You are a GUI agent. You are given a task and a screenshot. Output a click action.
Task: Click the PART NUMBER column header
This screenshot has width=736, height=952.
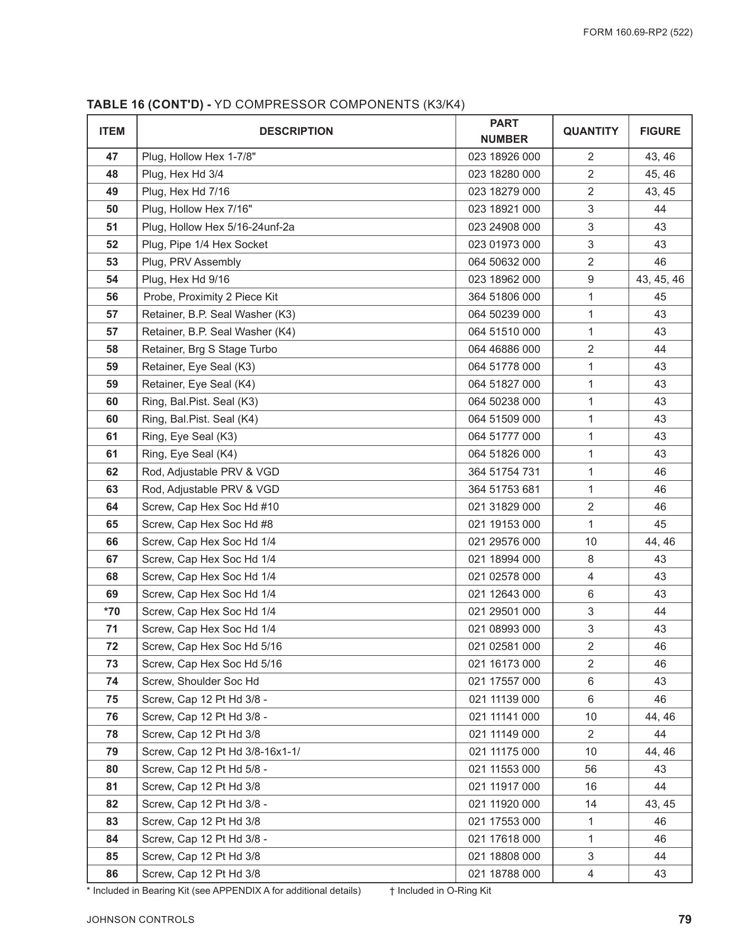click(x=504, y=131)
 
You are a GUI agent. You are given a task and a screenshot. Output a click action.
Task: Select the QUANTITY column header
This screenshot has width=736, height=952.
click(x=590, y=131)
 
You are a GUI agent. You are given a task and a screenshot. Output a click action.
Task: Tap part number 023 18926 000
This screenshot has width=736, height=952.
click(x=504, y=157)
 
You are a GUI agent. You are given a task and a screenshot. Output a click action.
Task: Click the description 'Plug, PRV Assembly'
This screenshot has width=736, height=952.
click(x=191, y=262)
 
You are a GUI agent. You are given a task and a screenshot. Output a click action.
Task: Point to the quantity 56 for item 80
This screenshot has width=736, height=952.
click(x=590, y=769)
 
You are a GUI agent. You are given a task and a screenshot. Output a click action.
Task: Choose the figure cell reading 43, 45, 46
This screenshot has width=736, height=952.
click(x=660, y=279)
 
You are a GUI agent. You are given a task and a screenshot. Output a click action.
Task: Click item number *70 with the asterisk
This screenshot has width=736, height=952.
click(x=112, y=611)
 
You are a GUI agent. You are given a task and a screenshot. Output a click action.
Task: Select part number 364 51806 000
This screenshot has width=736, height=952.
click(x=504, y=297)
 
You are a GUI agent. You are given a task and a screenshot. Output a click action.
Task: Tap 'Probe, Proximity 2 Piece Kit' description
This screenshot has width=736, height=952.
click(x=210, y=297)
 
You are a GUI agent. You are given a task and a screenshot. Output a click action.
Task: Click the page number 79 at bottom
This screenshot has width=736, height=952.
click(x=685, y=919)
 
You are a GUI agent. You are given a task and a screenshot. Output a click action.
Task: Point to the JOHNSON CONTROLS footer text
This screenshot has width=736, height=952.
click(x=141, y=920)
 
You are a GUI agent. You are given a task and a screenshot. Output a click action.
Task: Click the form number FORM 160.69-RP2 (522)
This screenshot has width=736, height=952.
click(x=638, y=32)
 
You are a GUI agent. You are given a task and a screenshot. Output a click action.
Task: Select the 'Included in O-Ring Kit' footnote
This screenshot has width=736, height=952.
click(x=440, y=891)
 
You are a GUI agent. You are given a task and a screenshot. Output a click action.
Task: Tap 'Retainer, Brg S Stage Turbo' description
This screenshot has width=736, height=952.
click(x=209, y=349)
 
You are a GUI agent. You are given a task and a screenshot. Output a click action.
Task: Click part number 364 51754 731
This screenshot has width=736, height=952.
click(x=504, y=472)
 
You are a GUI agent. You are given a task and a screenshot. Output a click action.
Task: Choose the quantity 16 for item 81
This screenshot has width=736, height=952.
click(x=590, y=786)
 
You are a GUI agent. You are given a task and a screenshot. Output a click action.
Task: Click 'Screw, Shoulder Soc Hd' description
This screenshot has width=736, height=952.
click(x=200, y=681)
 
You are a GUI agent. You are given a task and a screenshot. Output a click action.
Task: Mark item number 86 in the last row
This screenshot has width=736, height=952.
click(x=112, y=874)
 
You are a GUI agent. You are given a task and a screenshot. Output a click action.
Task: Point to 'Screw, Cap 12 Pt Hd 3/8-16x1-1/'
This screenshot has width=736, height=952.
click(x=221, y=752)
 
